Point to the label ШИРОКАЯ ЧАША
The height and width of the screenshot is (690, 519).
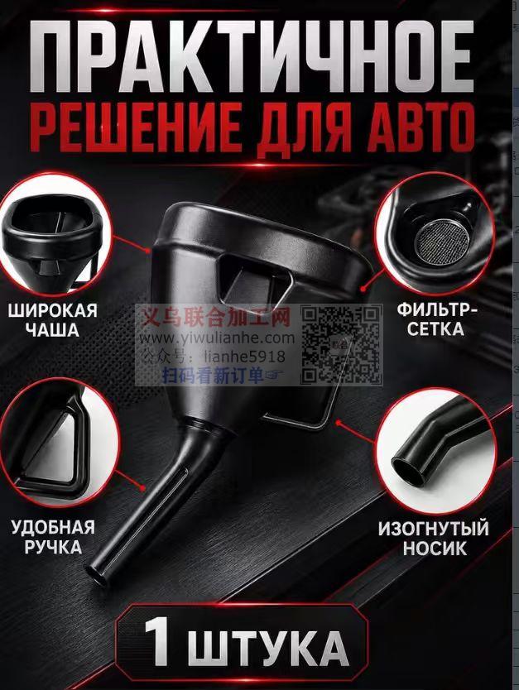52,319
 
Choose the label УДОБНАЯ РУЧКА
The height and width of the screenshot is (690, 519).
54,536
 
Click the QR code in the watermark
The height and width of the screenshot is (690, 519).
341,344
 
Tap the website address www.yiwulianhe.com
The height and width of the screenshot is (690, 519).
218,338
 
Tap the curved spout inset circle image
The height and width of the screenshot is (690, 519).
435,450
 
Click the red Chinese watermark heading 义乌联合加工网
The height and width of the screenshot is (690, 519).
216,317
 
